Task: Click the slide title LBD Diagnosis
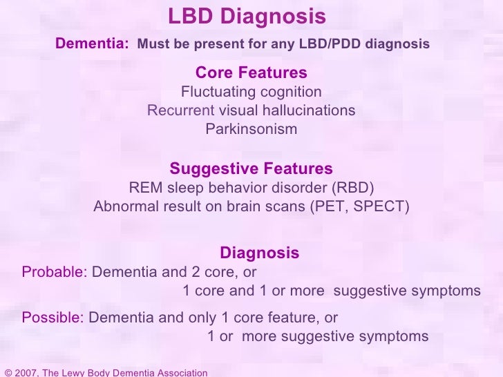coord(247,16)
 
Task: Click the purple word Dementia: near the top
coord(92,43)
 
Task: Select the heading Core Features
coord(251,73)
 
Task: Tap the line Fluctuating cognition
coord(251,92)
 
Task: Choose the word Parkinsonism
coord(251,129)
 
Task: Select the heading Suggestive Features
coord(251,169)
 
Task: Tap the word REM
coord(144,188)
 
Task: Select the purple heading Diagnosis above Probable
coord(259,253)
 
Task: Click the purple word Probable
coord(52,272)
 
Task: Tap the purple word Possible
coord(52,318)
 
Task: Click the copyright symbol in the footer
coord(8,373)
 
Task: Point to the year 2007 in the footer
coord(27,373)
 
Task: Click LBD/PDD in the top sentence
coord(323,44)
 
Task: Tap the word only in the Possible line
coord(198,318)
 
